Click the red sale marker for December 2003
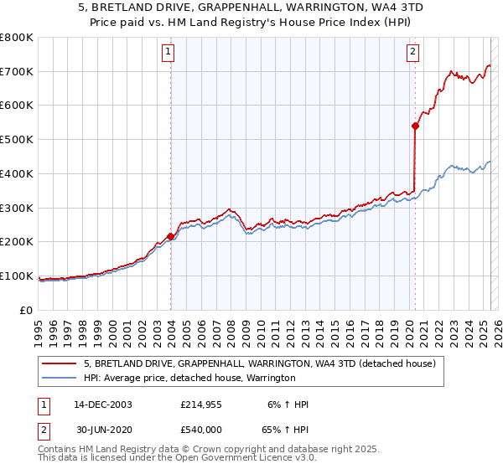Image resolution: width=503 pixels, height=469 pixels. [x=170, y=236]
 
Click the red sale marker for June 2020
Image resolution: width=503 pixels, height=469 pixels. [x=415, y=126]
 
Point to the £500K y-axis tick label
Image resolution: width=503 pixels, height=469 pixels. [x=17, y=140]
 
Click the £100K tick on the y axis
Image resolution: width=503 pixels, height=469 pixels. [x=17, y=276]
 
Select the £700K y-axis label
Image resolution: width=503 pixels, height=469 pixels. [x=17, y=72]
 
